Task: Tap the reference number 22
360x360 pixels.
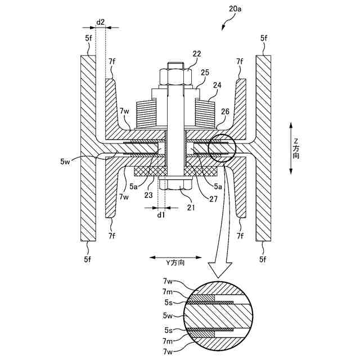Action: (196, 54)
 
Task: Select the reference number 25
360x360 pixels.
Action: (205, 72)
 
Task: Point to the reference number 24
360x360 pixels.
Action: (217, 86)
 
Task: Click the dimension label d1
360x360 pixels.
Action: (161, 214)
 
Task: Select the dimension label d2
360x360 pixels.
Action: (100, 22)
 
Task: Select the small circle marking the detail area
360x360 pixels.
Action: (222, 149)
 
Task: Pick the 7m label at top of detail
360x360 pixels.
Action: (168, 291)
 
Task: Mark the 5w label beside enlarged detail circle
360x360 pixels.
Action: (168, 315)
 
